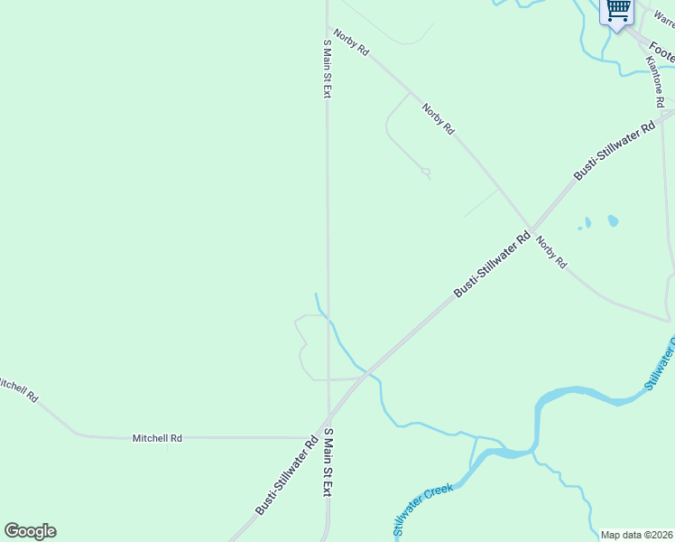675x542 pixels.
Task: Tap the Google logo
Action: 30,531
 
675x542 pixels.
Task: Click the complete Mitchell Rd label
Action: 157,438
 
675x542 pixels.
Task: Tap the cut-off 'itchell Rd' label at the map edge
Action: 18,389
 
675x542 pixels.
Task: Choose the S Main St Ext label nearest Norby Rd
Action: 328,69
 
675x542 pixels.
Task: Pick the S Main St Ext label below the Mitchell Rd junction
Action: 328,463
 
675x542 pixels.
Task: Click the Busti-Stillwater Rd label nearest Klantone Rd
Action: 615,150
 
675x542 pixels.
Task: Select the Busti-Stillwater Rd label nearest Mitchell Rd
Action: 286,475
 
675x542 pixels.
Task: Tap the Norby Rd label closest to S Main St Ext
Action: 351,43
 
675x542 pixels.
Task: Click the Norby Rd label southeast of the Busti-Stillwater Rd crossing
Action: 550,251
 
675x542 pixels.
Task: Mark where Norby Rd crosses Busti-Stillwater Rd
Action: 531,227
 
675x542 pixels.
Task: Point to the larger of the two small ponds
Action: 613,220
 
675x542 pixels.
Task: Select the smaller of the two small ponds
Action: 587,222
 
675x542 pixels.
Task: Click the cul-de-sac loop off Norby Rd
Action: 426,172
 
